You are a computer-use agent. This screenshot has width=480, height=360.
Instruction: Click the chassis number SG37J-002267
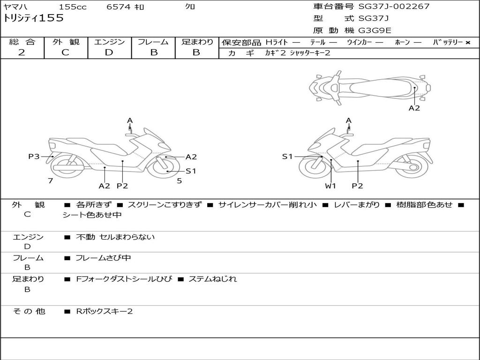[x=394, y=7]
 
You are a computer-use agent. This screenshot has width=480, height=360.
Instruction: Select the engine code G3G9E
[x=375, y=31]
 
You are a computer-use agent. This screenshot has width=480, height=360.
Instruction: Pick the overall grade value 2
[x=22, y=52]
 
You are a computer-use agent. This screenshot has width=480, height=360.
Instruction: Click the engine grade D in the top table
[x=109, y=52]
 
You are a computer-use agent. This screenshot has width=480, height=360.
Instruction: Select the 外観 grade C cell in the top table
[x=65, y=52]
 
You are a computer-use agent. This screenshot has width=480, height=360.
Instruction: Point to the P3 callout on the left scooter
[x=34, y=157]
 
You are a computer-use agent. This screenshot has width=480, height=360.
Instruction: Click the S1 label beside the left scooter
[x=191, y=171]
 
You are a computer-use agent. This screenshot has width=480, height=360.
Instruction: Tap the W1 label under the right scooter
[x=331, y=186]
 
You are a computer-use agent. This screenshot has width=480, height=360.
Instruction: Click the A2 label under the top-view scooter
[x=414, y=108]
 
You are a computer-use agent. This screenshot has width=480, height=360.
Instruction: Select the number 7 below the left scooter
[x=50, y=180]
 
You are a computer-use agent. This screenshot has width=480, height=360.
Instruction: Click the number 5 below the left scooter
[x=179, y=180]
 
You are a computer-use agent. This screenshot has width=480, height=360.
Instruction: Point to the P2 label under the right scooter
[x=358, y=186]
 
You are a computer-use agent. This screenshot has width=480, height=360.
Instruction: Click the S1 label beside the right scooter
[x=287, y=157]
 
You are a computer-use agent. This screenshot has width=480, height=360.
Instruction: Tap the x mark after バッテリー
[x=468, y=43]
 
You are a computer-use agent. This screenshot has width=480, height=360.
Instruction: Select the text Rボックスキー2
[x=104, y=311]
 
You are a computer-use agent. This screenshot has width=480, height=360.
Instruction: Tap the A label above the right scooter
[x=349, y=121]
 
